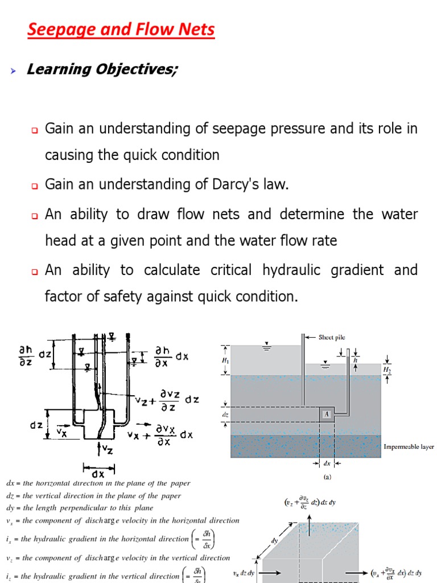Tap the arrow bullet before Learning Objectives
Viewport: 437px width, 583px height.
(x=14, y=70)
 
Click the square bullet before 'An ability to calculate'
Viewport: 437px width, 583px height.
(x=34, y=272)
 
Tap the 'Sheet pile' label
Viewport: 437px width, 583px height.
(x=332, y=337)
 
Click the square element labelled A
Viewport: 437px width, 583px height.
(x=327, y=414)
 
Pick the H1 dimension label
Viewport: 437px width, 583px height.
(x=225, y=361)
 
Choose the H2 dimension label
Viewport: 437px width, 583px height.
(x=387, y=369)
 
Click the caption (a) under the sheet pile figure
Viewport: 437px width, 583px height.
(x=326, y=477)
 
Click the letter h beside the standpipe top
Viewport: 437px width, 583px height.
(x=355, y=360)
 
